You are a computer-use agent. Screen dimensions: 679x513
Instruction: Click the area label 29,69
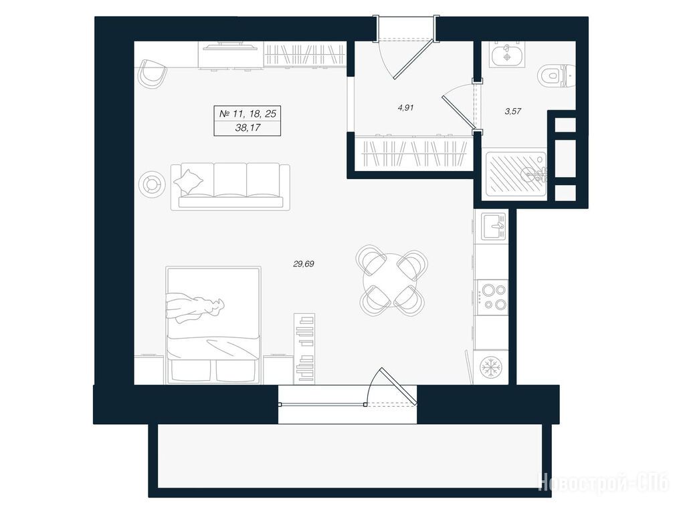(x=304, y=264)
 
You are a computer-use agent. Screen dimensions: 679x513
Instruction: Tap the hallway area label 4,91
(x=406, y=108)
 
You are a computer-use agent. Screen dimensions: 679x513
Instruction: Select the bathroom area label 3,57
(x=512, y=111)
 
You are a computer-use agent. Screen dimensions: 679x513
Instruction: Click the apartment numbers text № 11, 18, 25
(x=248, y=114)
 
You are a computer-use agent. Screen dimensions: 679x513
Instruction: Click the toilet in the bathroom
(x=556, y=77)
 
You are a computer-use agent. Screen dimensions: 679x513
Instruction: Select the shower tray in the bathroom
(x=516, y=174)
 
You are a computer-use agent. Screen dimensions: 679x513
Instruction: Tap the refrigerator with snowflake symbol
(x=491, y=367)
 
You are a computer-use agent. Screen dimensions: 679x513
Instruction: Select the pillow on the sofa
(x=189, y=182)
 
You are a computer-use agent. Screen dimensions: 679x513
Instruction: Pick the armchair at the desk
(x=153, y=73)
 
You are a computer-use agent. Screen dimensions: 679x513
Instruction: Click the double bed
(x=213, y=325)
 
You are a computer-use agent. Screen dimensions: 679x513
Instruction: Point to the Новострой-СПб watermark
(x=603, y=481)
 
